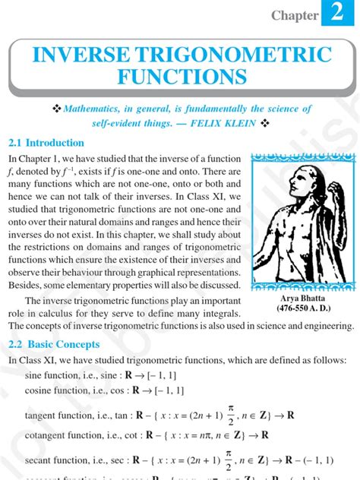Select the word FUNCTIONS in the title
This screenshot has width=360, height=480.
[182, 77]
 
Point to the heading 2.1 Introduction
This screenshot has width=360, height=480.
[46, 143]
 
